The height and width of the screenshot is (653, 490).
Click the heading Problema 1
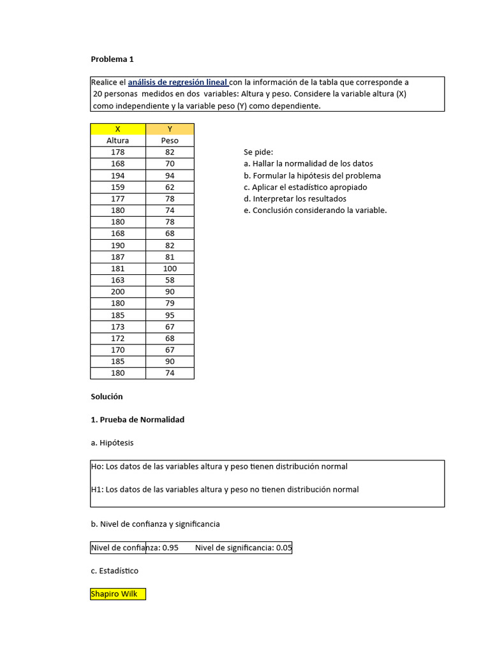coord(112,59)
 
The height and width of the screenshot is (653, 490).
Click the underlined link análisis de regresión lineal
coord(178,82)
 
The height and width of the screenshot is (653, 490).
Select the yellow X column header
coord(118,129)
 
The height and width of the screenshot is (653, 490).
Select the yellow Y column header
coord(170,129)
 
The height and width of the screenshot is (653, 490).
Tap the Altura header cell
coord(118,140)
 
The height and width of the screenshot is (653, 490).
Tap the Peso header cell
coord(170,140)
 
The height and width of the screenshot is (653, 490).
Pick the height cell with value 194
coord(118,175)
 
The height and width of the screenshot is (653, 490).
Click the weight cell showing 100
coord(170,268)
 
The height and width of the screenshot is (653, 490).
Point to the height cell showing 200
coord(118,291)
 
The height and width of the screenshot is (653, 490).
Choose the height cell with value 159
coord(118,187)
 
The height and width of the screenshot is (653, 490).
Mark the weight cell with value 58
coord(170,280)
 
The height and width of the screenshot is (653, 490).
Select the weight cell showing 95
coord(170,315)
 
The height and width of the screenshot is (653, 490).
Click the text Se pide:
coord(258,152)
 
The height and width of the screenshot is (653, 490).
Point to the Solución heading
coord(107,397)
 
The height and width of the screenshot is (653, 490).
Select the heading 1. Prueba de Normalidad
coord(137,420)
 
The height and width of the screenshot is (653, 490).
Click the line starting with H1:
coord(225,490)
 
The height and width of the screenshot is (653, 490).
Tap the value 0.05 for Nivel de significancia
coord(283,548)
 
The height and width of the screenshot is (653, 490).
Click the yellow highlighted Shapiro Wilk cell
coord(118,594)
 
